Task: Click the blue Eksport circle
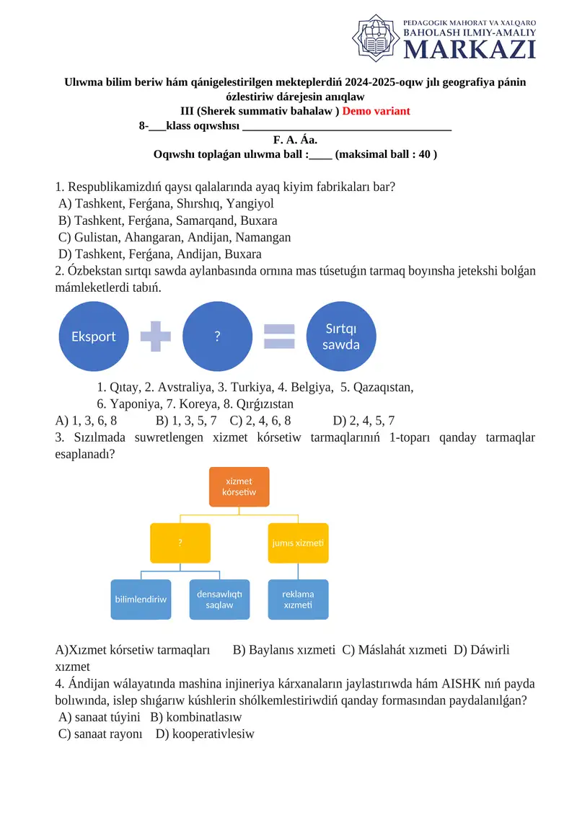pyautogui.click(x=94, y=337)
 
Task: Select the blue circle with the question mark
pyautogui.click(x=217, y=337)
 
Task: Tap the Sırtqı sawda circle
pyautogui.click(x=341, y=337)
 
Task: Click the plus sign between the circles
pyautogui.click(x=156, y=337)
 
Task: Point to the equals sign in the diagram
pyautogui.click(x=279, y=337)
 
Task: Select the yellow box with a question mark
pyautogui.click(x=180, y=543)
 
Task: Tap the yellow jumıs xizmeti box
pyautogui.click(x=298, y=543)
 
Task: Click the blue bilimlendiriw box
pyautogui.click(x=141, y=599)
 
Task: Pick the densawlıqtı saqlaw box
pyautogui.click(x=219, y=599)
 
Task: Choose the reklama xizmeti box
pyautogui.click(x=298, y=599)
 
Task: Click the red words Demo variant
pyautogui.click(x=376, y=111)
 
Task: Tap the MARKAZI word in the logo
pyautogui.click(x=469, y=49)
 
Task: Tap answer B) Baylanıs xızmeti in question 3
pyautogui.click(x=284, y=650)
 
